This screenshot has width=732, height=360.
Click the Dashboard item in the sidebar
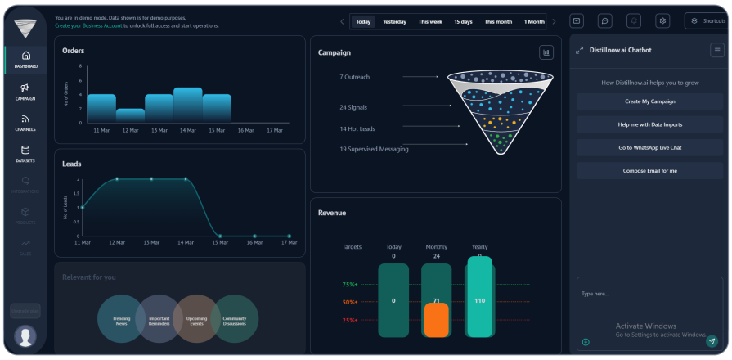pos(25,59)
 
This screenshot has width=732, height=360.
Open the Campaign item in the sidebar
pos(25,91)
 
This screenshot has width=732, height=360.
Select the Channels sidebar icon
pos(25,123)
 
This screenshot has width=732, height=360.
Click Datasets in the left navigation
pos(25,153)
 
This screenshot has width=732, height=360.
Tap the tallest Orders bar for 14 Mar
pos(187,105)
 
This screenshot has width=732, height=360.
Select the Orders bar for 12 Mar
pos(130,115)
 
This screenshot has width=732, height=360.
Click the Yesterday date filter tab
pos(394,21)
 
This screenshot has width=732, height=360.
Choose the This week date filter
pos(431,21)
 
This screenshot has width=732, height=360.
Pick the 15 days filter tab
pos(463,21)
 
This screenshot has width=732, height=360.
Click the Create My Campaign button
pos(649,101)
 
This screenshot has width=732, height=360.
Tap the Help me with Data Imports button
pos(649,124)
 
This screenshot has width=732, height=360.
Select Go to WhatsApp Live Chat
pos(649,147)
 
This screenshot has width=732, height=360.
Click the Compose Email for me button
pos(649,170)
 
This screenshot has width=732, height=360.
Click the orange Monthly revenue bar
pos(436,320)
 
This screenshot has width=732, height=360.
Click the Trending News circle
pos(120,319)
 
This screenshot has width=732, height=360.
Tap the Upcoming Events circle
pos(196,319)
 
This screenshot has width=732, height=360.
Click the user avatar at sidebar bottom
pos(25,335)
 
